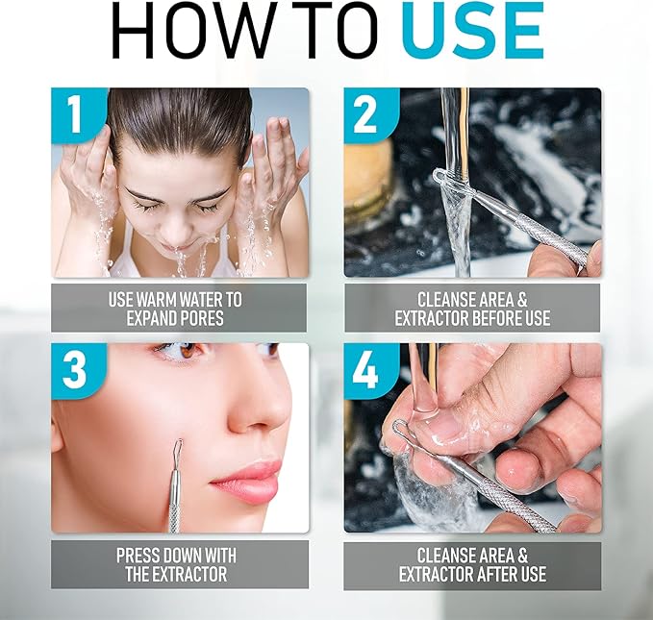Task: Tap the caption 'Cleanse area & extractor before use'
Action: [471, 309]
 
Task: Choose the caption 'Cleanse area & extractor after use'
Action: [471, 565]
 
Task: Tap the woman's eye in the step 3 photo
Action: [183, 353]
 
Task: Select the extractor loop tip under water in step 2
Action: [443, 178]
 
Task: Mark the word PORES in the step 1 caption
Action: [203, 318]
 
